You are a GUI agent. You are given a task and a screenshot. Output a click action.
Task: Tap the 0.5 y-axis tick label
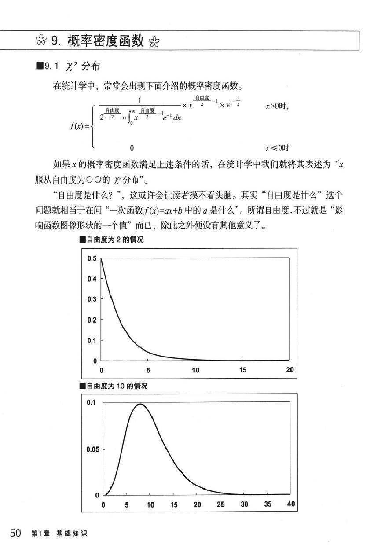[92, 258]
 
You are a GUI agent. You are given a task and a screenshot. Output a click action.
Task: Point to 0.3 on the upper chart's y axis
[92, 299]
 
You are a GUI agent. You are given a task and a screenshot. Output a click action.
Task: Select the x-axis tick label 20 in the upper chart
[290, 370]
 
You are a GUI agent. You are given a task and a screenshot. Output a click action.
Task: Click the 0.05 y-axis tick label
[92, 449]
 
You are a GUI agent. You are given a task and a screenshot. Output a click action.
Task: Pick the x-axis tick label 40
[291, 504]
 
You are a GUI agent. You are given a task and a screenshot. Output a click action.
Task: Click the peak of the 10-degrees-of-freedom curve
[140, 404]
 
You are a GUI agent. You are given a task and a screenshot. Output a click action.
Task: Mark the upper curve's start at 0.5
[102, 259]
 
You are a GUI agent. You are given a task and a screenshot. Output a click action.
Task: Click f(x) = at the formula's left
[80, 127]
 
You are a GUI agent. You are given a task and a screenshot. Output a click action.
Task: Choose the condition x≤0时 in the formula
[277, 148]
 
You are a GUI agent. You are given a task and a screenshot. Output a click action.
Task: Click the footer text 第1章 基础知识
[59, 534]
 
